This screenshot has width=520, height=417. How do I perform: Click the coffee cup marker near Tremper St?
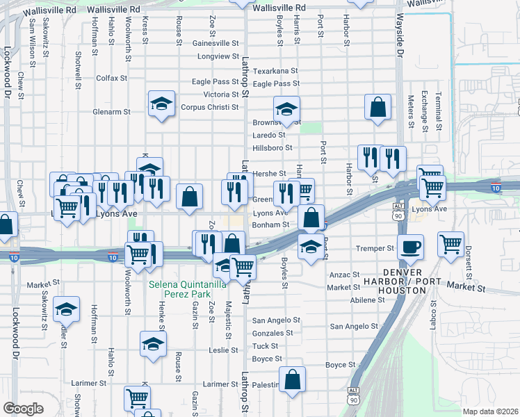pyautogui.click(x=410, y=247)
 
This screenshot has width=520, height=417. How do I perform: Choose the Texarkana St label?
pyautogui.click(x=275, y=71)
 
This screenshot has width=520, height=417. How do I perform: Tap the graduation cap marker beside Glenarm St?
pyautogui.click(x=161, y=105)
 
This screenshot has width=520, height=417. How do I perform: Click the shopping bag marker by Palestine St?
pyautogui.click(x=293, y=379)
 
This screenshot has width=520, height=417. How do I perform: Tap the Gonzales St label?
pyautogui.click(x=274, y=334)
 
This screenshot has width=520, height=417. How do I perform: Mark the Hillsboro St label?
pyautogui.click(x=272, y=148)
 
